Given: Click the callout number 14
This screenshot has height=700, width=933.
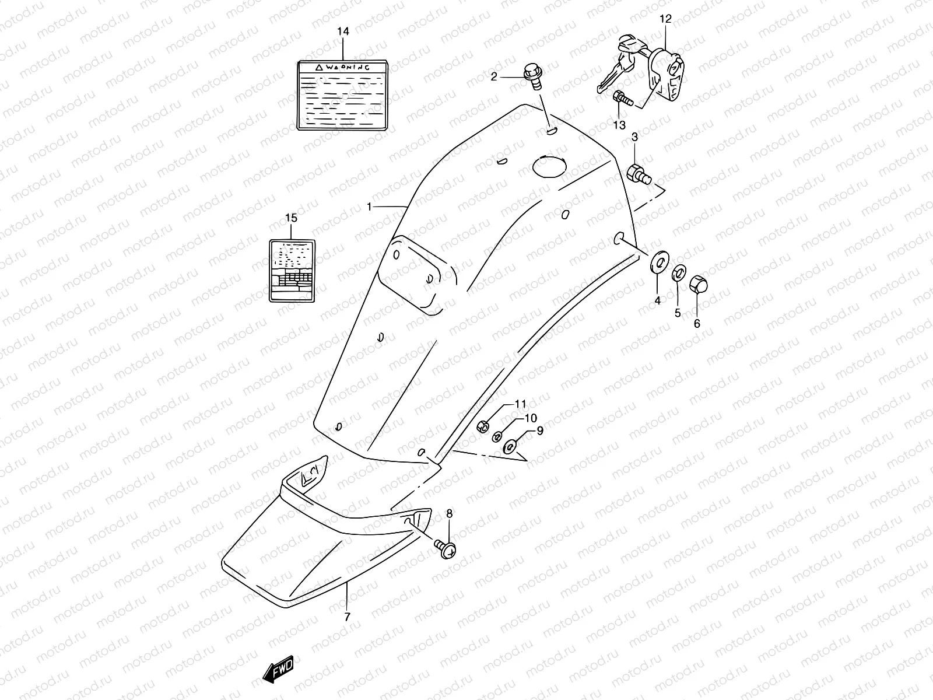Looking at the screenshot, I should point(343,32).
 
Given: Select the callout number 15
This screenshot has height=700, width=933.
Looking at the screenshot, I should point(291,218).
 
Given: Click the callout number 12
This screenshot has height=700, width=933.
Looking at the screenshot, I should point(665,19).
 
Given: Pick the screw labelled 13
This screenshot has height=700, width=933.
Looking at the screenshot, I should point(623,100).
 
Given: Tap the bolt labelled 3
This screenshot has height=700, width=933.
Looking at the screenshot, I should point(637,173).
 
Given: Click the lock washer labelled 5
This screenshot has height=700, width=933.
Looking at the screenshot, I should point(679,273).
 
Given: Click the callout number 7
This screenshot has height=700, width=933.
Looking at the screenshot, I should point(348,617).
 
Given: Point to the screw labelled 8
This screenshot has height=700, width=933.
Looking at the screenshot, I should point(446,547).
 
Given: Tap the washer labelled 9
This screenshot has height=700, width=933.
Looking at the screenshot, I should point(511,447).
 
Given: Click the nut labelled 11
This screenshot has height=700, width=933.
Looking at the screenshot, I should point(483,427).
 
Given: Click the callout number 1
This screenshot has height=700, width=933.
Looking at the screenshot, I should point(370,206).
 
